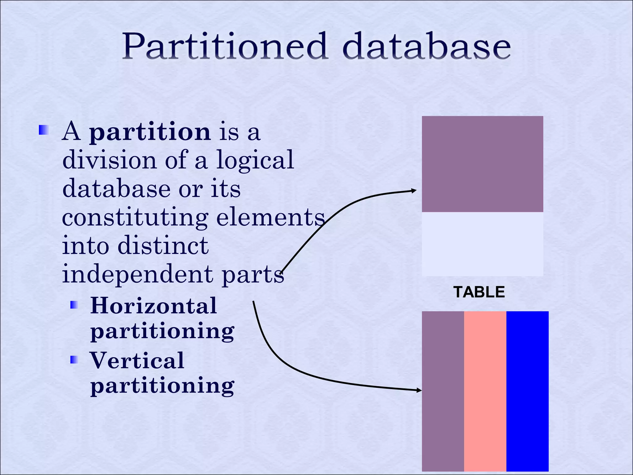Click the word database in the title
[427, 46]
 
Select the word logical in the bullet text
[255, 160]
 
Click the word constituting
[135, 218]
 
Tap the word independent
[138, 275]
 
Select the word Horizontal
[154, 306]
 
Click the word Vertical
[137, 361]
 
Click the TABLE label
[479, 292]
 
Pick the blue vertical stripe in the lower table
[527, 391]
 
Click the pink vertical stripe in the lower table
[485, 391]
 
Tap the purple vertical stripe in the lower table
[443, 391]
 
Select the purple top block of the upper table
[482, 164]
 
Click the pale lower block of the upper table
[482, 244]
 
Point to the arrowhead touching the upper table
[414, 191]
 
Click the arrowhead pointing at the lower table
[419, 390]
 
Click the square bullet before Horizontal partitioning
[74, 306]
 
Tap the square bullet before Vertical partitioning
[74, 360]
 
